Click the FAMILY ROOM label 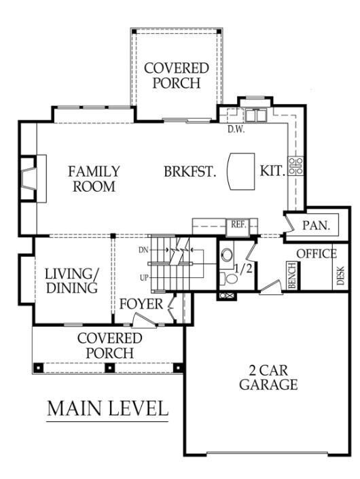click(x=94, y=179)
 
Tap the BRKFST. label click(x=190, y=171)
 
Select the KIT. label click(x=272, y=171)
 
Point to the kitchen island click(x=241, y=171)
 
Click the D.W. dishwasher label click(x=236, y=129)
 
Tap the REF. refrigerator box click(x=238, y=228)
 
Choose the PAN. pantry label click(x=317, y=226)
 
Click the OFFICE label click(x=317, y=253)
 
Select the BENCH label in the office click(x=292, y=275)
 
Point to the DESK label click(x=340, y=276)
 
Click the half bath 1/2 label click(x=244, y=268)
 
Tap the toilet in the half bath click(x=228, y=278)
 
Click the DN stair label click(x=143, y=250)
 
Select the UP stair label click(x=144, y=278)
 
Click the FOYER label click(x=141, y=304)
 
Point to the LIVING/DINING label click(x=72, y=281)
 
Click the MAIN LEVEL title click(x=108, y=408)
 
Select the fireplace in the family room click(x=33, y=179)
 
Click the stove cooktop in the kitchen click(x=296, y=166)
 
